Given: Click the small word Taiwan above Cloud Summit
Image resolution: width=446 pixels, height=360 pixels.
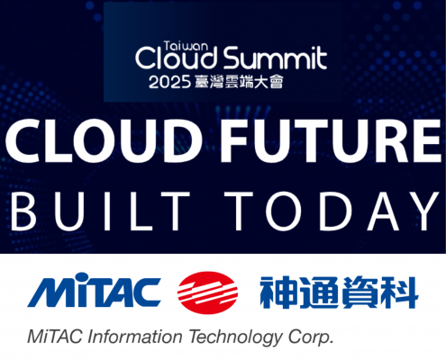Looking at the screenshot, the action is [186, 46].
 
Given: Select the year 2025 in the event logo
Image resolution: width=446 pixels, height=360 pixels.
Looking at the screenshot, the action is [169, 82].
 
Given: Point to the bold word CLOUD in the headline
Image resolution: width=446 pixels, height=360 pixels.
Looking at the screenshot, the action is [104, 141].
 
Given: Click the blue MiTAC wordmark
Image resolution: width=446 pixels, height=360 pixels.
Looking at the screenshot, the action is [94, 290].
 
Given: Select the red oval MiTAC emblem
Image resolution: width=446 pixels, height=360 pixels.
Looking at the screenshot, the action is [207, 292].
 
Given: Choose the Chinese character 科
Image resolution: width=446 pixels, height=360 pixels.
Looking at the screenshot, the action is [399, 292].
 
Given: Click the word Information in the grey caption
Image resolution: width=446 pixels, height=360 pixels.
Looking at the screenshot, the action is [135, 337].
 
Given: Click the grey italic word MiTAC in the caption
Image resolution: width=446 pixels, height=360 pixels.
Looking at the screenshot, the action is [54, 337].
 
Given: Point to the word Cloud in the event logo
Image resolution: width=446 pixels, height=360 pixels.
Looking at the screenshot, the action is [177, 58].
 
